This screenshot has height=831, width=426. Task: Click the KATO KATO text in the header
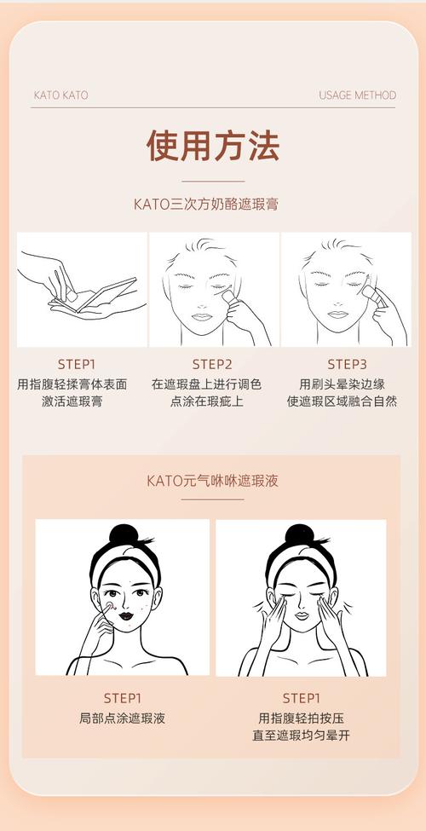pos(60,95)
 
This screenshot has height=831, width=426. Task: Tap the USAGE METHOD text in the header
pos(357,95)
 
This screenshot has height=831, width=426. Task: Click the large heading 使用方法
pos(212,146)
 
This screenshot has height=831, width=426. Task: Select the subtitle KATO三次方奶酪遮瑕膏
pos(212,205)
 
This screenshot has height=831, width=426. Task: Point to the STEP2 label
pos(212,364)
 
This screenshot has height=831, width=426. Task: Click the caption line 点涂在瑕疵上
pos(212,401)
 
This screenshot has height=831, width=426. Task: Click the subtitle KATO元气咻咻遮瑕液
pos(212,481)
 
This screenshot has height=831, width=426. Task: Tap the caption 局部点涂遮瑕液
pos(123,718)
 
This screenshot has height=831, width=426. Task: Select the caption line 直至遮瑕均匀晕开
pos(301,735)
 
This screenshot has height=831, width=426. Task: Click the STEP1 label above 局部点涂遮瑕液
pos(123,697)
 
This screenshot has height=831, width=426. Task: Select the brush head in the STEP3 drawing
pos(369,292)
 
